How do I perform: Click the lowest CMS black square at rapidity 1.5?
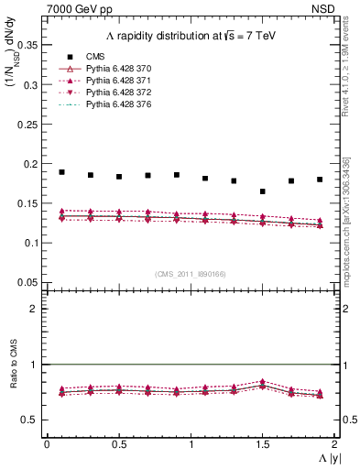[262, 191]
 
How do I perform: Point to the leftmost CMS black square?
[61, 172]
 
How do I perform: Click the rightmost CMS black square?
[320, 180]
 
